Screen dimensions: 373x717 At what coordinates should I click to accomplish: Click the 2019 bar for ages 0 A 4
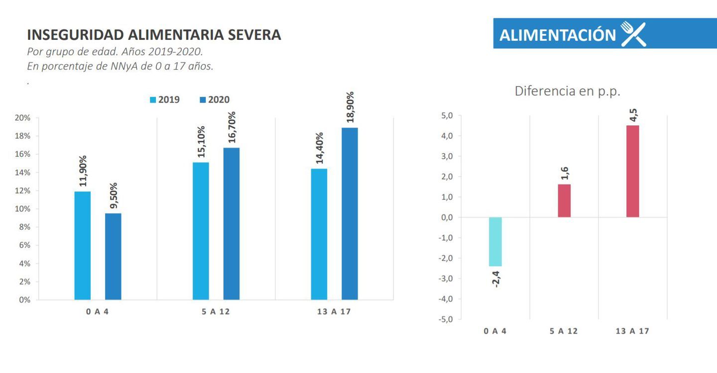[83, 246]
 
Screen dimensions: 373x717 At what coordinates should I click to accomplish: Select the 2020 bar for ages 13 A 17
[350, 214]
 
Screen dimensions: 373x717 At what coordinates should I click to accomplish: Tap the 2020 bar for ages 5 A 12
[231, 224]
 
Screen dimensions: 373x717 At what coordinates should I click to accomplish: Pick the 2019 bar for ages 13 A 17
[319, 234]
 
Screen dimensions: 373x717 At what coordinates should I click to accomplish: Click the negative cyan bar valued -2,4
[495, 242]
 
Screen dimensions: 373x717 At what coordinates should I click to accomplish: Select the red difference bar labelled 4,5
[632, 171]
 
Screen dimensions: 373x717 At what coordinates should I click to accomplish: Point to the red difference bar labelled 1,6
[564, 201]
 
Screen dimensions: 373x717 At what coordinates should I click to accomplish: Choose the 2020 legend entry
[215, 100]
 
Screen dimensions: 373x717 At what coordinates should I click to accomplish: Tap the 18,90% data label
[351, 107]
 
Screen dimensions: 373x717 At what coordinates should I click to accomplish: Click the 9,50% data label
[113, 196]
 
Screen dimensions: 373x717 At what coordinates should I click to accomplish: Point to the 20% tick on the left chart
[23, 118]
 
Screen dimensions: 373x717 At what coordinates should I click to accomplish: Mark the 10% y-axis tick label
[23, 209]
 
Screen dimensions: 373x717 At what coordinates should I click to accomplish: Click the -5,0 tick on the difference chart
[446, 319]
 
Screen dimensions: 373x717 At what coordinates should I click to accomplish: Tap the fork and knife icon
[633, 34]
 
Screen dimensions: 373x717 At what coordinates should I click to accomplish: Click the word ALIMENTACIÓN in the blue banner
[558, 35]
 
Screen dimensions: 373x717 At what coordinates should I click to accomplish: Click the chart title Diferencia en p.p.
[567, 91]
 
